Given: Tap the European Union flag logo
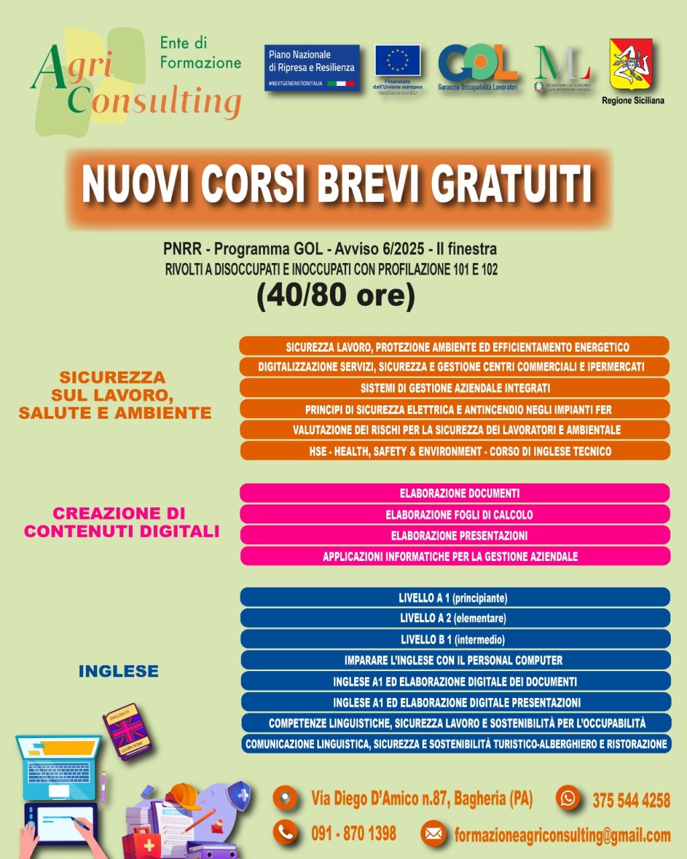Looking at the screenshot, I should coord(397,61).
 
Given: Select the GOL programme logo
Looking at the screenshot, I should coord(477,65).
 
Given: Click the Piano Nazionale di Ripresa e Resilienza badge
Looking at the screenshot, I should coord(312,67).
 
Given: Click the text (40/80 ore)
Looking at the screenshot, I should coord(335,295).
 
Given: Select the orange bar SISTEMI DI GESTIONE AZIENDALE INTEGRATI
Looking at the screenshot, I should coord(455,388).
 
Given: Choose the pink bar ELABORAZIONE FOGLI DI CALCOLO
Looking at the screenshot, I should coord(455,515).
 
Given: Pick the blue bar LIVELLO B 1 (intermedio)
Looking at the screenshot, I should coord(455,640).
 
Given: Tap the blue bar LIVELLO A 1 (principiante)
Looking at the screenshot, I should coord(455,597).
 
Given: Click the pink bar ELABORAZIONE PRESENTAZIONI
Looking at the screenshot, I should coord(455,536).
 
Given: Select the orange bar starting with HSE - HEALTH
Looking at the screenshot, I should coord(455,451).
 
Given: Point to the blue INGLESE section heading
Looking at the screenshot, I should coord(119,671).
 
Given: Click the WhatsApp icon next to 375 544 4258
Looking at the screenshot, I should coord(568,798).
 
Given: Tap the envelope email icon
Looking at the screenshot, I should coord(433,834).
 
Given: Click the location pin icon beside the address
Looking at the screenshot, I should coord(285,799).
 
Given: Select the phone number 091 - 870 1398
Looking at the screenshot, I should coord(354,834).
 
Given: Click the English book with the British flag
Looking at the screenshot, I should coord(127,731).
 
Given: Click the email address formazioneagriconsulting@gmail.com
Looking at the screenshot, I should coord(562,836).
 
